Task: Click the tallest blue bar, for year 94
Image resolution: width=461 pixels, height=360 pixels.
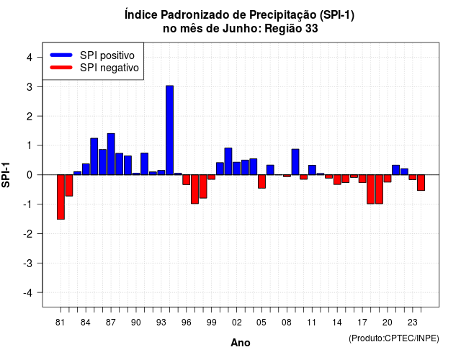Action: pyautogui.click(x=170, y=130)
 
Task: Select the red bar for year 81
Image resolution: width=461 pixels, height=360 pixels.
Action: pyautogui.click(x=61, y=197)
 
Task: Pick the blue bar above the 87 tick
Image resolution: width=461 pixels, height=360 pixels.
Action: pyautogui.click(x=111, y=154)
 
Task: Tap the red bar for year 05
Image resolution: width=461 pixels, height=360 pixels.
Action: pyautogui.click(x=261, y=181)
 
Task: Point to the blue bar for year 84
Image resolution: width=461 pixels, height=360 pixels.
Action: pyautogui.click(x=86, y=169)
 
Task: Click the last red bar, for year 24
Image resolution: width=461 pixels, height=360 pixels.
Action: pyautogui.click(x=421, y=182)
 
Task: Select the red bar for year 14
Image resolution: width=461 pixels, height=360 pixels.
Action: pyautogui.click(x=337, y=179)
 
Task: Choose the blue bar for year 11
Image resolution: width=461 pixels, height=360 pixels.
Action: pyautogui.click(x=312, y=170)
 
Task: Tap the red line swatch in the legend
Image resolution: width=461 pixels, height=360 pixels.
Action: pyautogui.click(x=61, y=68)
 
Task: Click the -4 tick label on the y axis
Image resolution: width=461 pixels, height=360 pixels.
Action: pyautogui.click(x=28, y=293)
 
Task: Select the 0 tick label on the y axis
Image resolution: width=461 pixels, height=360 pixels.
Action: pyautogui.click(x=30, y=175)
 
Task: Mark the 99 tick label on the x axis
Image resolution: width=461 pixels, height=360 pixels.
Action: pyautogui.click(x=211, y=323)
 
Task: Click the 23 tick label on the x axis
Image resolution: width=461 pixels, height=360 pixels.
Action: pyautogui.click(x=413, y=323)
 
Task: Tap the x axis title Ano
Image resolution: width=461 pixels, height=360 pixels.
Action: pyautogui.click(x=240, y=343)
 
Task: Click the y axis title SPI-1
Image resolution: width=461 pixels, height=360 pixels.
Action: pyautogui.click(x=6, y=175)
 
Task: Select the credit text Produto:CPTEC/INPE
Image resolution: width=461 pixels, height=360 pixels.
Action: pyautogui.click(x=394, y=338)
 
